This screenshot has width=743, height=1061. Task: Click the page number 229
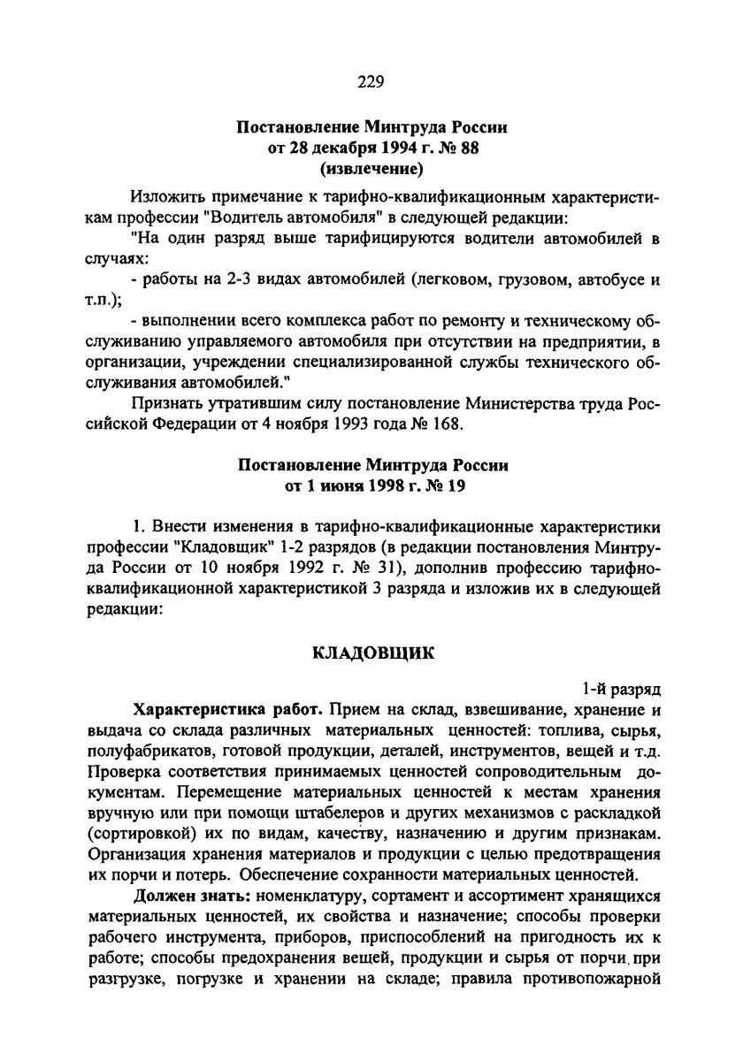[371, 83]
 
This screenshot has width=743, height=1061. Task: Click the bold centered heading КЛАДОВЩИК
[371, 654]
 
